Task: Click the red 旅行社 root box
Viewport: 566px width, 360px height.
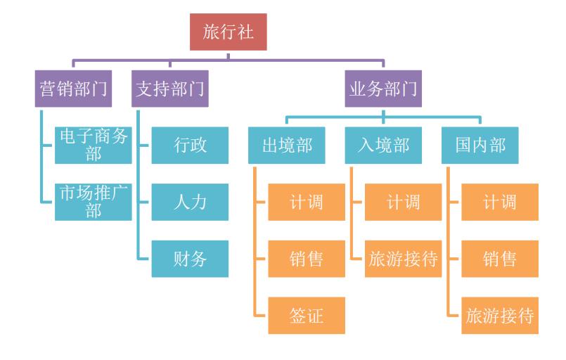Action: pos(228,32)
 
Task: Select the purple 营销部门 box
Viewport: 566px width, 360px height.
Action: pos(73,89)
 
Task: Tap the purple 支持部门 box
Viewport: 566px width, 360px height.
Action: pos(170,89)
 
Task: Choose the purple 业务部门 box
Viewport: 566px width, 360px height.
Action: pos(383,89)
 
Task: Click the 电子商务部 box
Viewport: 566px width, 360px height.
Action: pos(94,145)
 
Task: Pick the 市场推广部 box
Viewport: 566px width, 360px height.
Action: pos(94,202)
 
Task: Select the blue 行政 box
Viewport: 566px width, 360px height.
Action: pos(190,145)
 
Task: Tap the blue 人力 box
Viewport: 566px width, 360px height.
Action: pos(190,202)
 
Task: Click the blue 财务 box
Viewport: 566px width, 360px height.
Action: pos(190,258)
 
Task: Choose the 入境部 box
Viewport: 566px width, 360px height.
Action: pos(383,145)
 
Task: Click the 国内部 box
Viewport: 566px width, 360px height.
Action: pos(480,145)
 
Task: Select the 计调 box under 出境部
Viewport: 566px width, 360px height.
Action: pos(307,202)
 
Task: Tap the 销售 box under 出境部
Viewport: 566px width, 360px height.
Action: pos(307,258)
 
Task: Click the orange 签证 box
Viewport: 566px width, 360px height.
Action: pos(307,315)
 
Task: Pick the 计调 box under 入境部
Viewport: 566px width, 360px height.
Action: pos(403,202)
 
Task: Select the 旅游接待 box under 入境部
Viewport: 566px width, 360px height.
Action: pos(403,258)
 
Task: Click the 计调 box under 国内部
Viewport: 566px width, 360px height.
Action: pos(500,202)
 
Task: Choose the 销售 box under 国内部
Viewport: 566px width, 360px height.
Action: pos(500,258)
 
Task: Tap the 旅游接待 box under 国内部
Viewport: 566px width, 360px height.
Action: pos(500,315)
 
